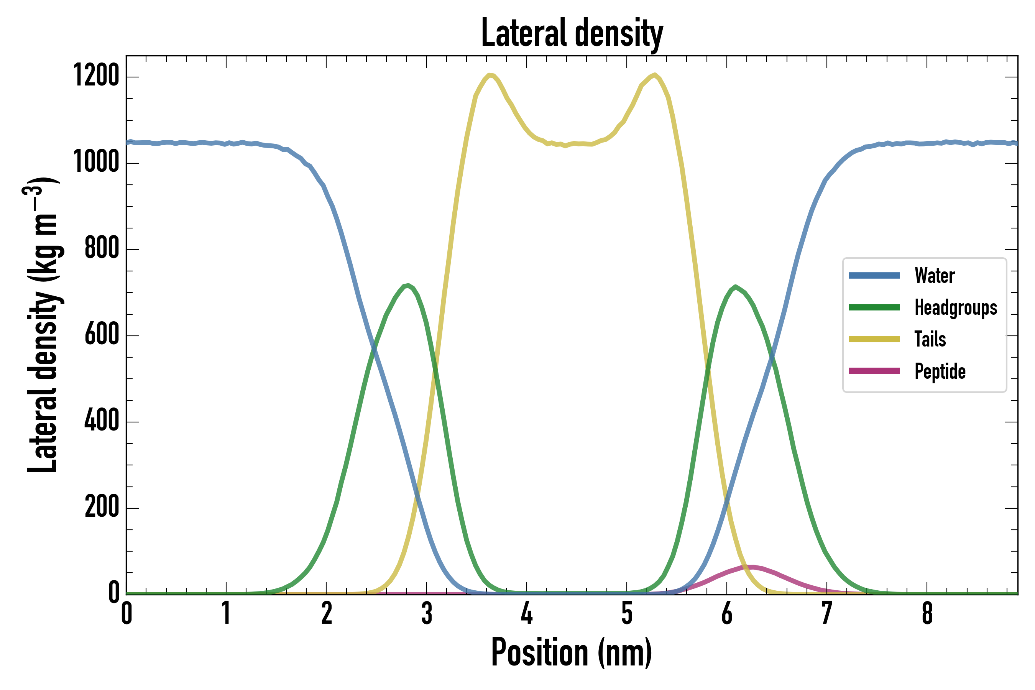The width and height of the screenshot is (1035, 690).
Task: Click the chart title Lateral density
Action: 572,33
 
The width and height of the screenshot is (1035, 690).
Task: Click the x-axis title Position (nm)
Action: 572,652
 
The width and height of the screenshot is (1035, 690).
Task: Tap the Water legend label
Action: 934,276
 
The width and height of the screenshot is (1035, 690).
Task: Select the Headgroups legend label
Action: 955,307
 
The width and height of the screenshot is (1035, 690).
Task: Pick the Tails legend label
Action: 930,339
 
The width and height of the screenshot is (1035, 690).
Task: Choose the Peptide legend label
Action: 940,371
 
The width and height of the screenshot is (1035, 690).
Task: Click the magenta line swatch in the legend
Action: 874,371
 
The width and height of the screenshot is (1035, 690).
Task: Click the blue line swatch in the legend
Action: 874,276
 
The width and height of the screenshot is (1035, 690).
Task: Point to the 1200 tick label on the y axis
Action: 96,75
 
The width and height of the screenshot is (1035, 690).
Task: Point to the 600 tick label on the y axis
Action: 102,334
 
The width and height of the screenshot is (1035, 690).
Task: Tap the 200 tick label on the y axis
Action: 102,506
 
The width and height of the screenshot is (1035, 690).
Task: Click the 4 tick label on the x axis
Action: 527,613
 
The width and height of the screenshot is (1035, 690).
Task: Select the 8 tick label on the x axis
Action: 927,613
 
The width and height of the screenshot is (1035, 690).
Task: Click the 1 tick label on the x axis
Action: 226,613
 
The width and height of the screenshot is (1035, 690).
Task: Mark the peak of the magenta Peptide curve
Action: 752,567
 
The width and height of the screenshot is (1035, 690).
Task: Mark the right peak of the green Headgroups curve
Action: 735,287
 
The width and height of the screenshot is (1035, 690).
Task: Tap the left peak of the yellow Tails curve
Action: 490,75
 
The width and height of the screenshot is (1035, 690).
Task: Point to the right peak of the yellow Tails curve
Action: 655,75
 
